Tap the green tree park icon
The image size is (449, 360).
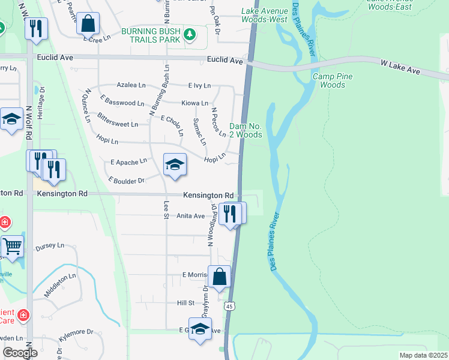click(190, 34)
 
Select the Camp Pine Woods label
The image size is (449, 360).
click(333, 80)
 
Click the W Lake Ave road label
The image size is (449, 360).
click(400, 67)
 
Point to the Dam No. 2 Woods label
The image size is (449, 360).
click(246, 130)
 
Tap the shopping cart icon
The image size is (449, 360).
click(12, 245)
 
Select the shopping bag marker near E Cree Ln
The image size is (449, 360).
click(88, 24)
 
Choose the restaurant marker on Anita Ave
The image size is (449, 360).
click(230, 212)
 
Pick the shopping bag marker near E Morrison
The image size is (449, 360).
click(219, 277)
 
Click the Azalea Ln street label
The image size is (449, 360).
click(131, 86)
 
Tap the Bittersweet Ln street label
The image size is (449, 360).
click(118, 121)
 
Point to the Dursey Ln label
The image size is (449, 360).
click(49, 245)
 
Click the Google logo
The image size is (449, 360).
click(20, 352)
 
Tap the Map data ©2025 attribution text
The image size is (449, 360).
click(423, 355)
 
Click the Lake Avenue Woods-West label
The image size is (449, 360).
click(265, 15)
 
